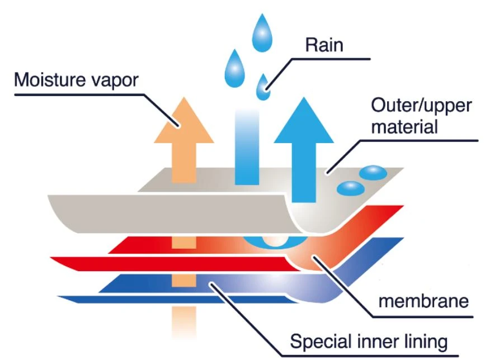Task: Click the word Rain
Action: (324, 45)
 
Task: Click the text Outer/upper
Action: (421, 106)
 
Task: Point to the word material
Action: (404, 127)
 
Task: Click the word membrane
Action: (423, 301)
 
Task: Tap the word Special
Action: (321, 342)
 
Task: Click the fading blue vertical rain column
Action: (247, 147)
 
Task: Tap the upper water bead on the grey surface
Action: (373, 172)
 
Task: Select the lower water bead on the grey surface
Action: (351, 188)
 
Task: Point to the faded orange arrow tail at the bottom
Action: (184, 322)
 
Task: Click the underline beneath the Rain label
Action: (331, 59)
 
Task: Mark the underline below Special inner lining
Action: (370, 356)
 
